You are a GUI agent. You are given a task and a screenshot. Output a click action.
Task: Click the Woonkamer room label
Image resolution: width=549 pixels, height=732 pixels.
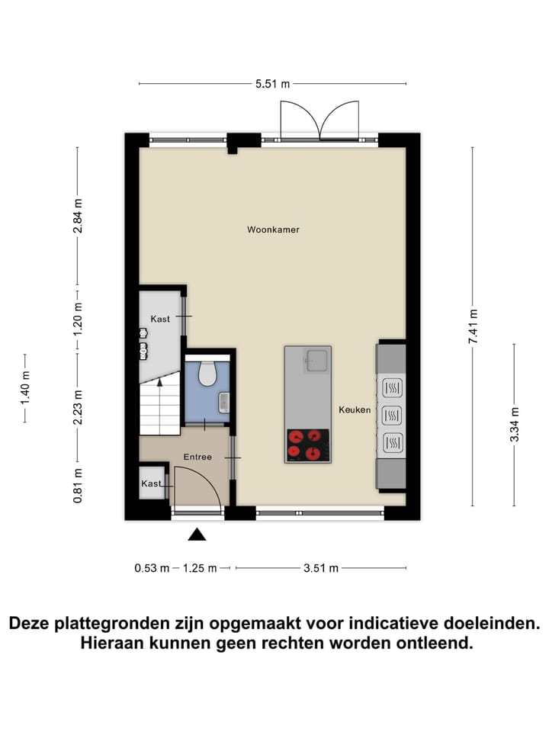tap(268, 230)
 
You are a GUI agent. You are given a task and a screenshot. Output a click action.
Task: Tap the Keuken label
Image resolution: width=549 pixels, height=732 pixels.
tap(355, 410)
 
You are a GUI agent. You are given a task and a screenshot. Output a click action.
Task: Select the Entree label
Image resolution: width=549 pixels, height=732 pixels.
tap(197, 457)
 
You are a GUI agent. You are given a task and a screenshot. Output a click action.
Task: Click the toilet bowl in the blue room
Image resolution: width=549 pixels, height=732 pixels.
tap(207, 374)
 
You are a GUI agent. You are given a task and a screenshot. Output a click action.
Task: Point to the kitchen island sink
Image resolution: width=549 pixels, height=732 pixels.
tap(316, 360)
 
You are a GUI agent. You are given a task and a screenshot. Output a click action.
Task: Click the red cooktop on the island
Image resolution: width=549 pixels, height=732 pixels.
tap(308, 445)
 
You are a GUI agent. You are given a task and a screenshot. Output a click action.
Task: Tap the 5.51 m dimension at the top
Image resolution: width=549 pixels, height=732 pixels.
tap(273, 84)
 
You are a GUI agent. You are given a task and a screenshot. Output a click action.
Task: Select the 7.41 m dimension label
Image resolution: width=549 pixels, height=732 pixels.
tap(474, 326)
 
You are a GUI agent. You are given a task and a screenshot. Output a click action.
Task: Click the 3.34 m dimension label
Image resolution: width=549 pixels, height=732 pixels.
tap(515, 423)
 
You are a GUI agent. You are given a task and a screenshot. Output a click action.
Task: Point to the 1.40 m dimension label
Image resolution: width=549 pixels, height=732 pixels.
tap(25, 388)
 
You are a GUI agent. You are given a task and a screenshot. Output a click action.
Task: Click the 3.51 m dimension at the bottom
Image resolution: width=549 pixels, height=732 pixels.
tap(320, 568)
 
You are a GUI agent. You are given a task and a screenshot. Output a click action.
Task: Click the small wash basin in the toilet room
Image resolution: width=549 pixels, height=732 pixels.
tap(223, 402)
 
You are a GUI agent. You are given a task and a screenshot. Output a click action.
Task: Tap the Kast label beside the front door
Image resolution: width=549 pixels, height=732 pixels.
tap(150, 484)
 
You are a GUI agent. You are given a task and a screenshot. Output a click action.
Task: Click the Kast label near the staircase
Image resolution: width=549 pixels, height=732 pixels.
tap(160, 319)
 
